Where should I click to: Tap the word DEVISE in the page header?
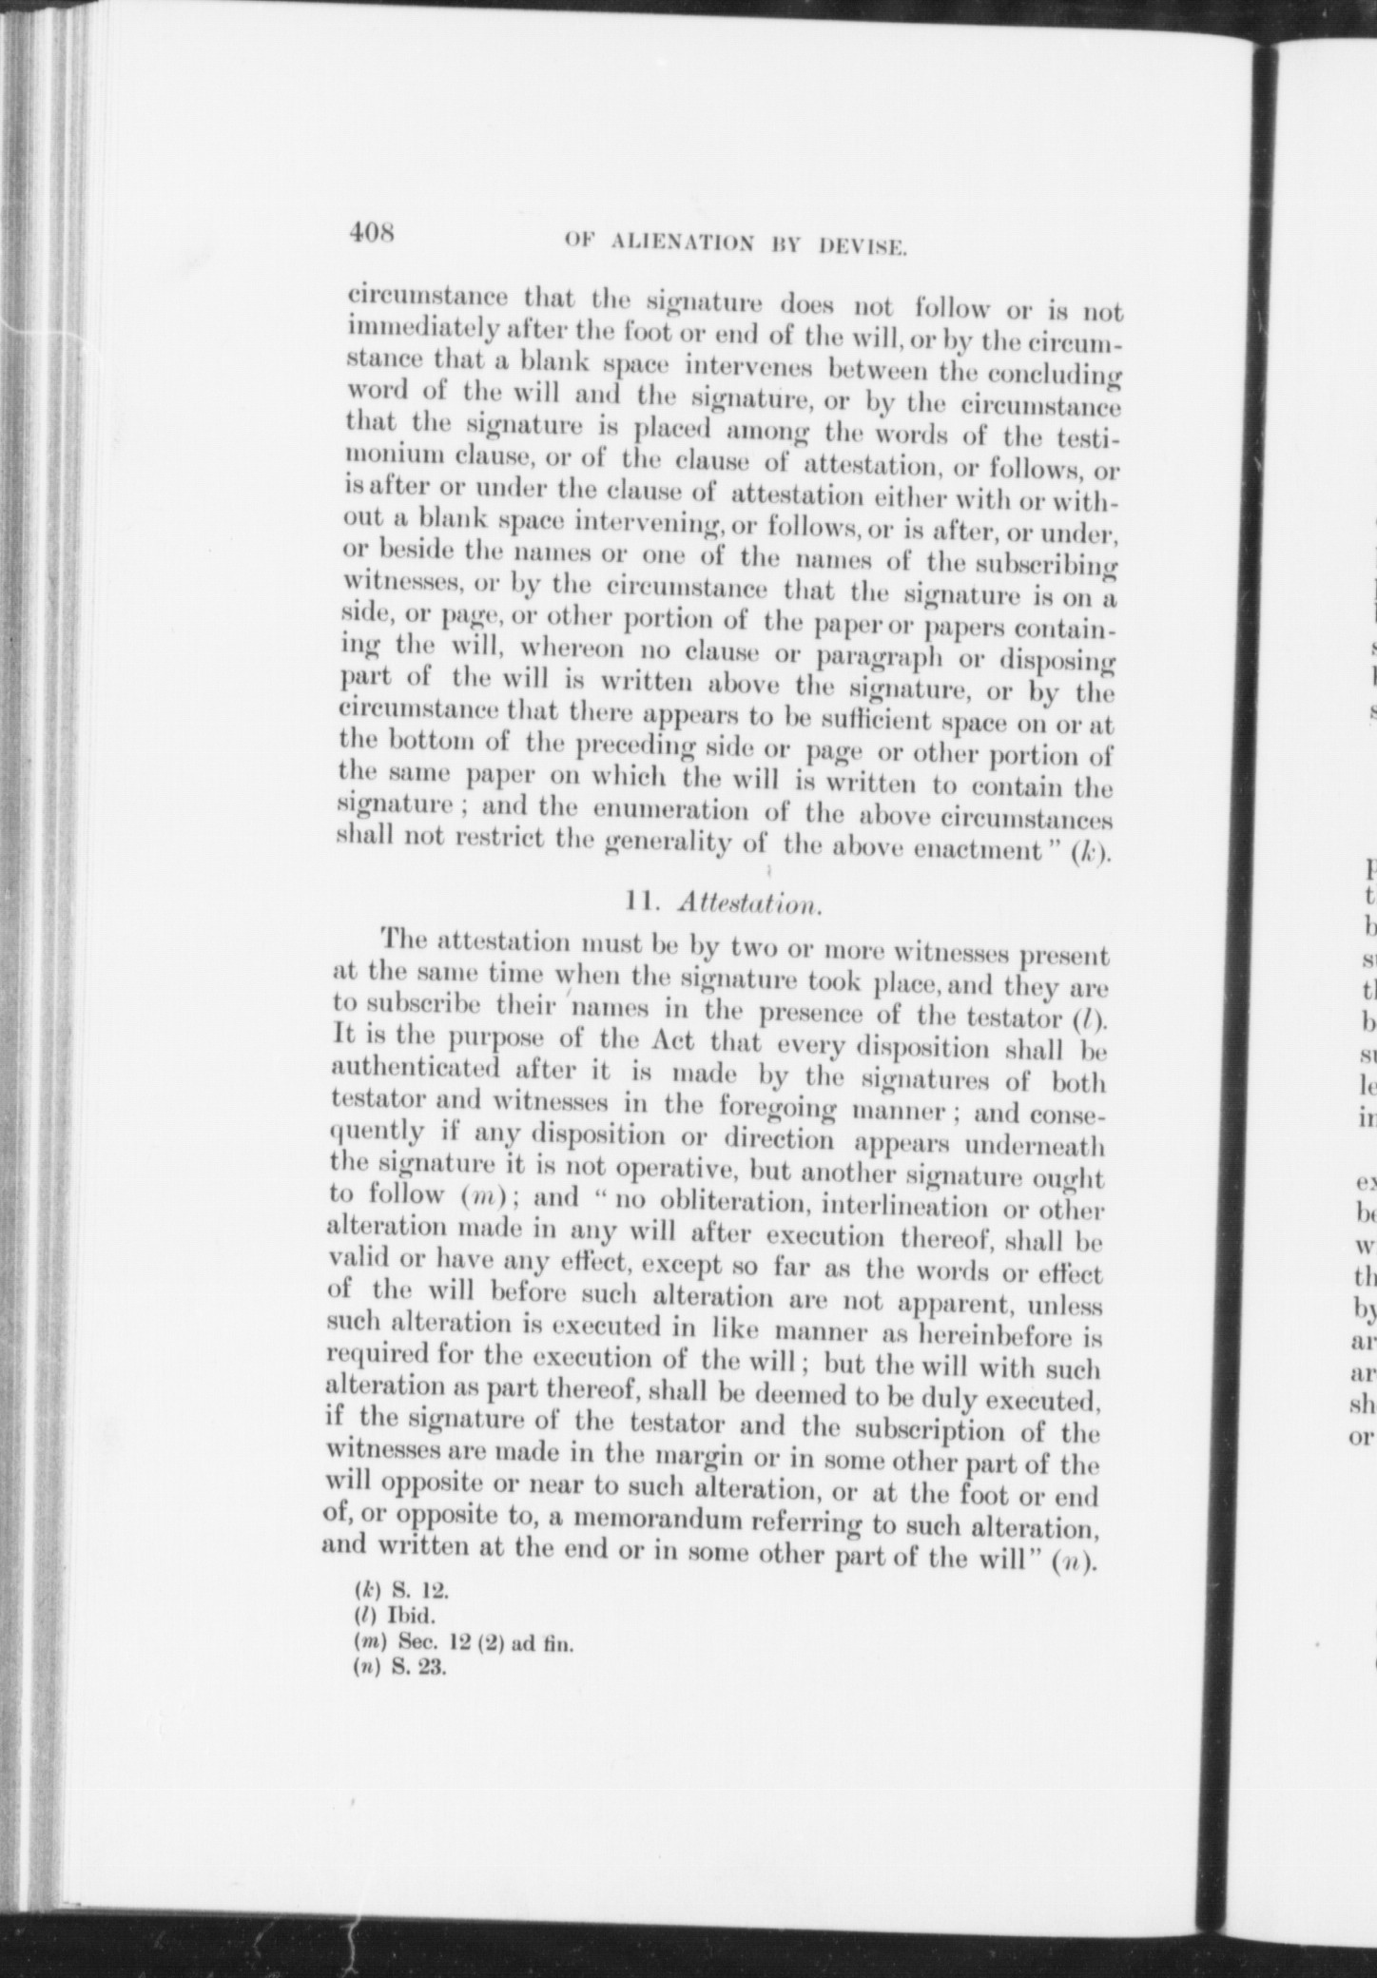point(860,248)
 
